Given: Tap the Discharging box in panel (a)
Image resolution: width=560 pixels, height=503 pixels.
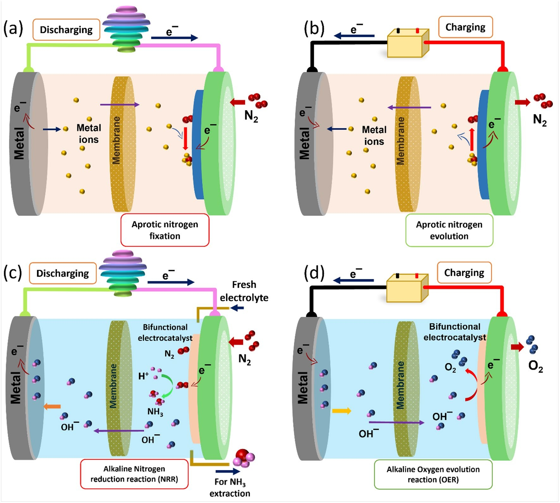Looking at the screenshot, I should (x=66, y=30).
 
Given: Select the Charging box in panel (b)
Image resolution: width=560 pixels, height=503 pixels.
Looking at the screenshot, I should (x=465, y=27).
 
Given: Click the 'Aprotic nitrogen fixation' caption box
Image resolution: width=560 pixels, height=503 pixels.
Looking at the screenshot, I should (x=165, y=230).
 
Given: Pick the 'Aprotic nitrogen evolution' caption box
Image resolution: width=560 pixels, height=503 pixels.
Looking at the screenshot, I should (x=449, y=230).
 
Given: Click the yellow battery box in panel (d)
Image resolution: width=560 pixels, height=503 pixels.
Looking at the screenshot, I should (x=407, y=288).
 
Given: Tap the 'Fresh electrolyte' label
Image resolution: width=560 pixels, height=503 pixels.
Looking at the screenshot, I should (x=244, y=291).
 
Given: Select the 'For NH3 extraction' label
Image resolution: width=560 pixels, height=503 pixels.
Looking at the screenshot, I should (x=230, y=487).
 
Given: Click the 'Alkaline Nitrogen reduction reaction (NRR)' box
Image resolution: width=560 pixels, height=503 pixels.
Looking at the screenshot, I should (x=134, y=474).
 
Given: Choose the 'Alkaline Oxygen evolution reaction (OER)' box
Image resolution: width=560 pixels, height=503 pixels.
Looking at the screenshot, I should (x=433, y=474).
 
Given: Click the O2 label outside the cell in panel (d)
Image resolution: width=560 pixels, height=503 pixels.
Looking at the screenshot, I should (x=535, y=366).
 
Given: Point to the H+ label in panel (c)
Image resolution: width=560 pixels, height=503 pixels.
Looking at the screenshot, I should (x=143, y=376).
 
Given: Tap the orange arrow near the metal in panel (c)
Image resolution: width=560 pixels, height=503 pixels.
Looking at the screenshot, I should (x=52, y=406).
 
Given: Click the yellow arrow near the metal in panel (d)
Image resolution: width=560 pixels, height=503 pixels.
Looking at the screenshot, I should (x=341, y=411).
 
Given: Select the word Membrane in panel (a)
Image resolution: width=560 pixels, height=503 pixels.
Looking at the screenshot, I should (x=116, y=140).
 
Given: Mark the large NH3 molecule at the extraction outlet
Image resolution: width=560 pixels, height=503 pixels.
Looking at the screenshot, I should (x=243, y=458).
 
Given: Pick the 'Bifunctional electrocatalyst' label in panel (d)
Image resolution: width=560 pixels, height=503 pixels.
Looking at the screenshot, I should (x=454, y=332).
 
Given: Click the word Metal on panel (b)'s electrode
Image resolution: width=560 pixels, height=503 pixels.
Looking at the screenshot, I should (x=304, y=143).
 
